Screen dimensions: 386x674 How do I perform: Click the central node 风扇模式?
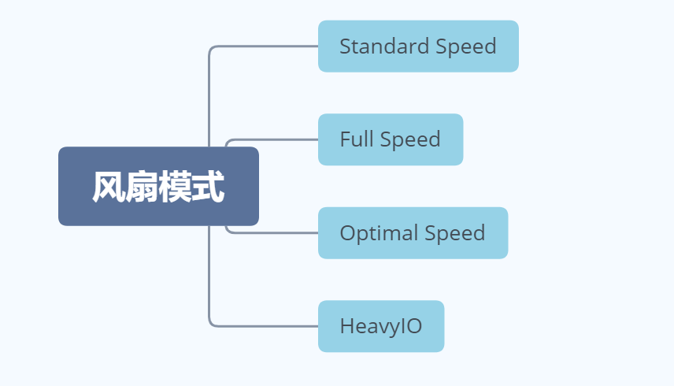158,187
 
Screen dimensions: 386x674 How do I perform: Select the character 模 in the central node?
175,187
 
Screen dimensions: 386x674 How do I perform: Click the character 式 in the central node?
208,187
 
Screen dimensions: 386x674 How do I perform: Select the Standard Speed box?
418,46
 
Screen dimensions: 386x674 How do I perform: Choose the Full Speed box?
390,139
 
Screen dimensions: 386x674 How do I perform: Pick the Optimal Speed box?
413,233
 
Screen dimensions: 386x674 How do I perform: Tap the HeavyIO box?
381,326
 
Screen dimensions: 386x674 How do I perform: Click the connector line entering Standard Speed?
268,46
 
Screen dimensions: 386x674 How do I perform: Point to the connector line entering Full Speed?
276,139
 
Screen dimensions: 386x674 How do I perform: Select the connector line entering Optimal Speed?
276,232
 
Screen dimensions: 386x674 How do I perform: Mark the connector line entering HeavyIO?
268,325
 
